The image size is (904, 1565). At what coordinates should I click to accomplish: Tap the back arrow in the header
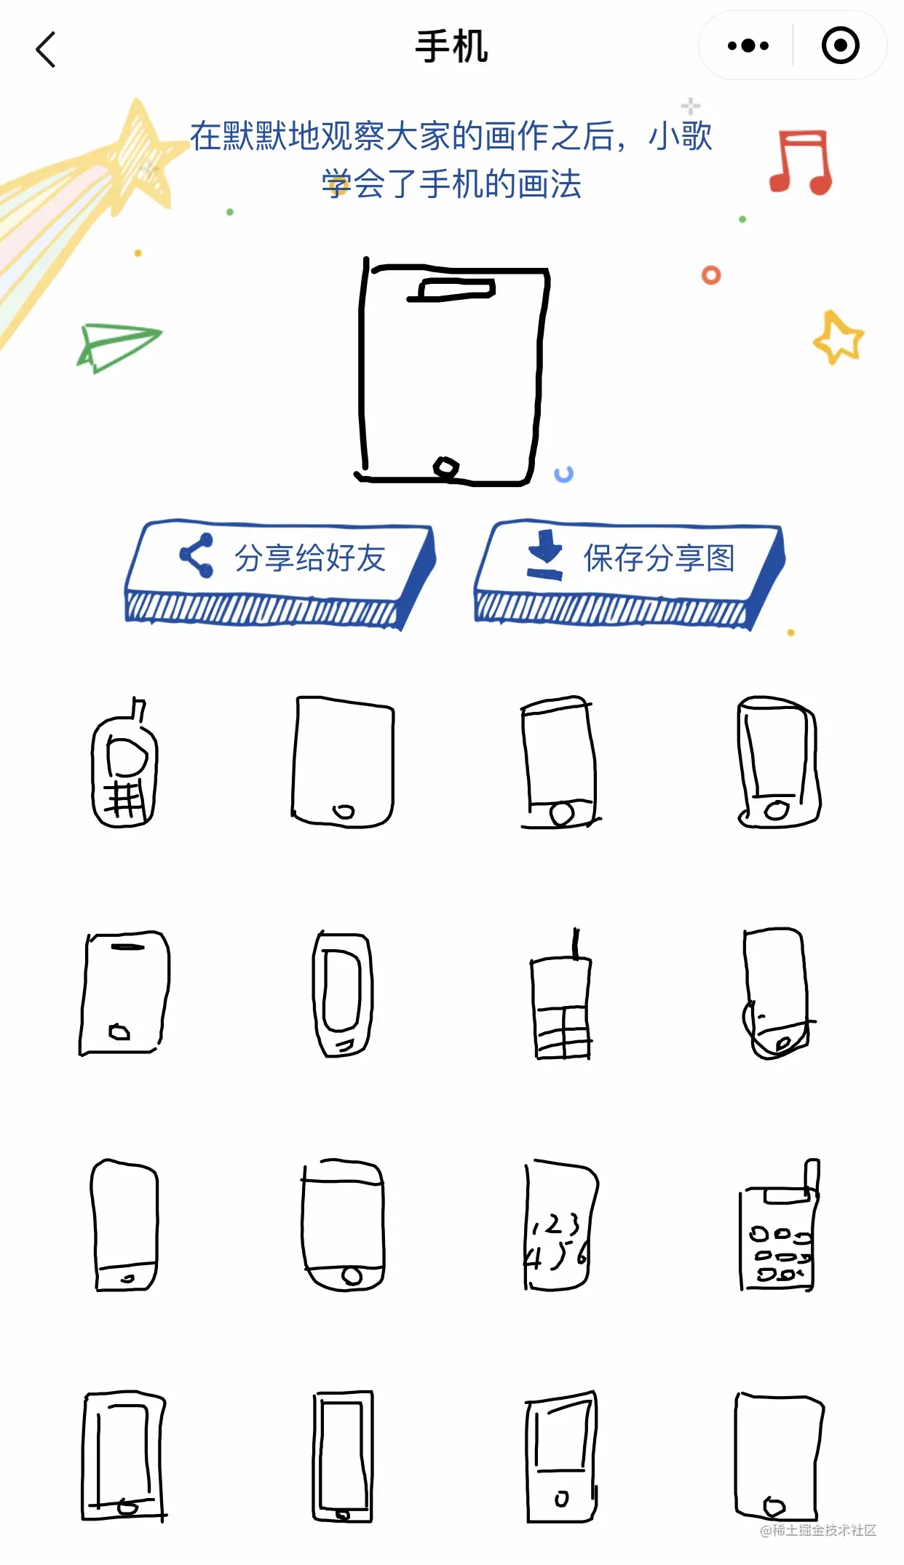(46, 49)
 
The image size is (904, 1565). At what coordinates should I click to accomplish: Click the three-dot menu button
(748, 46)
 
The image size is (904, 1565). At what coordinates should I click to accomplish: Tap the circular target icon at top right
(840, 45)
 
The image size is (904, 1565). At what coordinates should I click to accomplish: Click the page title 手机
(451, 47)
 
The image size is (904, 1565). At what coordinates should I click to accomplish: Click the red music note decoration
(801, 162)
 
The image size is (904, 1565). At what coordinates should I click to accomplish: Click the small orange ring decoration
(711, 275)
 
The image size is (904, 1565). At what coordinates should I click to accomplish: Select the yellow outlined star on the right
(838, 337)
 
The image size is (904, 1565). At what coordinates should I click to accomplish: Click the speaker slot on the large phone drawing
(451, 289)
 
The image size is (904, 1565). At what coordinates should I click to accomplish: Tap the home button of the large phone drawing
(445, 467)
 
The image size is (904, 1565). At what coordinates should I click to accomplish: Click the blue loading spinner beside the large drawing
(563, 475)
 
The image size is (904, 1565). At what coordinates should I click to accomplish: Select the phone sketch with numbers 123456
(558, 1225)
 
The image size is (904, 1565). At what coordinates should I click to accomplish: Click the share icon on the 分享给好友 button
(197, 555)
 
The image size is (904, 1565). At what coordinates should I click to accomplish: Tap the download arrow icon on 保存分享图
(545, 555)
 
